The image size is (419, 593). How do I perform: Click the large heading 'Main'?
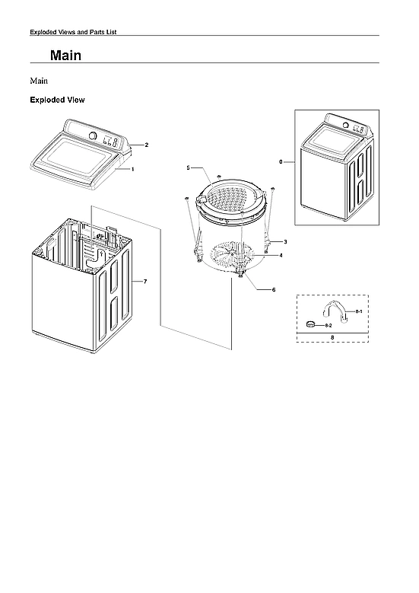(x=65, y=56)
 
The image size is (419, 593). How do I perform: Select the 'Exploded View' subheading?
(x=57, y=100)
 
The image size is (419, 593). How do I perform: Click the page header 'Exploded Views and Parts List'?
(x=72, y=31)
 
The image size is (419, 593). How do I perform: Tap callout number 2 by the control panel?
(x=146, y=145)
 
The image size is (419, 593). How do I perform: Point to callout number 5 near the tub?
(x=188, y=167)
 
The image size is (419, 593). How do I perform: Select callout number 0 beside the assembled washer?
(x=281, y=162)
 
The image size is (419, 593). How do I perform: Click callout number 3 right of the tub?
(x=285, y=241)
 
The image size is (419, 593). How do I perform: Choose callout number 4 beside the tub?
(x=281, y=256)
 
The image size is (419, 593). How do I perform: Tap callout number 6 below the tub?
(x=274, y=290)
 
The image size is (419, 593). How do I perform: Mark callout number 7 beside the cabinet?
(x=145, y=282)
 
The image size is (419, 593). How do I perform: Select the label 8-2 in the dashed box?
(x=329, y=325)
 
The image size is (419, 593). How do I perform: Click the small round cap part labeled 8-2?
(x=310, y=324)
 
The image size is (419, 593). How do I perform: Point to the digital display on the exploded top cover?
(x=110, y=142)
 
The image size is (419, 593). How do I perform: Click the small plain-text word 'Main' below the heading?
(x=40, y=80)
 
